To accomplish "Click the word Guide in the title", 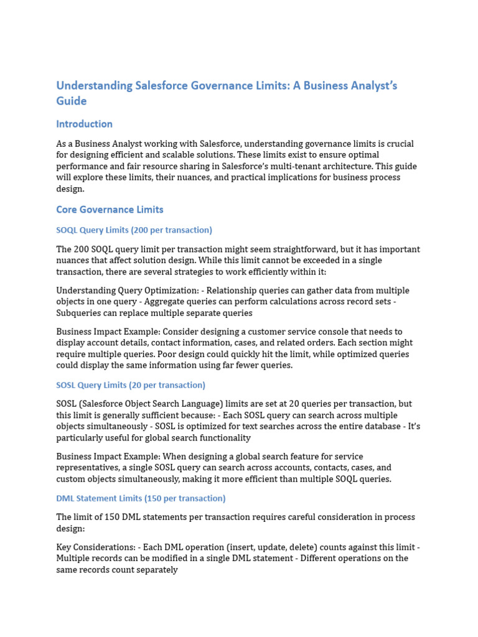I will tap(72, 101).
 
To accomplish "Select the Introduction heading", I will tap(84, 124).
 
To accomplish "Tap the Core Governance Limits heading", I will tap(110, 209).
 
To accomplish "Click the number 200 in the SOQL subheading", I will tap(139, 230).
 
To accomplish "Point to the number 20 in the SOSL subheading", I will tap(134, 385).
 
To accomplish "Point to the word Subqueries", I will tap(78, 313).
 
